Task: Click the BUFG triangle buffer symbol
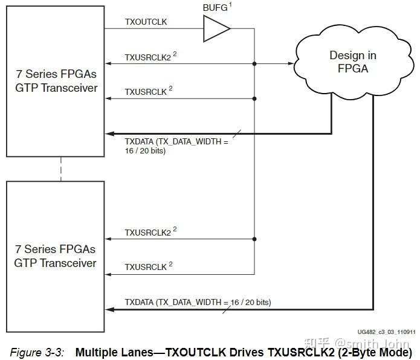click(x=215, y=28)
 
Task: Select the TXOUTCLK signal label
click(x=146, y=22)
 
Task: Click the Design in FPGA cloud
click(x=352, y=62)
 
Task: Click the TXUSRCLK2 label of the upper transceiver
click(x=147, y=56)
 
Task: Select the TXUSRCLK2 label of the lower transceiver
click(x=147, y=232)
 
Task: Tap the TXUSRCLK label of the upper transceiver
click(x=145, y=91)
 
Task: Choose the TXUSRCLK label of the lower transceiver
click(x=145, y=266)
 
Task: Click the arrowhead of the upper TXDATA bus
click(x=109, y=133)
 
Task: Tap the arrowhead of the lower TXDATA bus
click(x=109, y=309)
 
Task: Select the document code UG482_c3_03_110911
click(x=386, y=332)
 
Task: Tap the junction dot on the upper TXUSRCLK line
click(x=254, y=98)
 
